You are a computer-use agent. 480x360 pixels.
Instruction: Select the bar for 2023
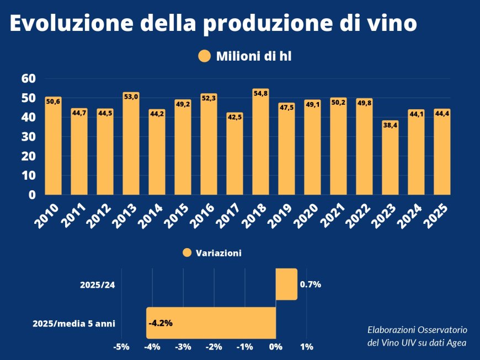(x=390, y=160)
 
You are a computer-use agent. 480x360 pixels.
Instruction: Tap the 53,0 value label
(x=131, y=97)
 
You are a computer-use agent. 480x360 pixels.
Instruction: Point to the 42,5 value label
(x=234, y=117)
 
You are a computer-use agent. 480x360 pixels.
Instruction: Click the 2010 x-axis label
(x=46, y=214)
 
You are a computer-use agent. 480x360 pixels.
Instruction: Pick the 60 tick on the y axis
(x=29, y=78)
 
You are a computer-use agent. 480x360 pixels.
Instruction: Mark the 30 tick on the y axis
(x=29, y=137)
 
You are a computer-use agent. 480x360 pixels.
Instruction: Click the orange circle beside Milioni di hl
(x=205, y=56)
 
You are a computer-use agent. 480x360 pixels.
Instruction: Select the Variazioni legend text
(x=218, y=253)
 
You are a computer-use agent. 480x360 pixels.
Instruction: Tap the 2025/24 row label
(x=98, y=285)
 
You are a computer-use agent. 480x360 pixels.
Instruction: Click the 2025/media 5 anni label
(x=74, y=323)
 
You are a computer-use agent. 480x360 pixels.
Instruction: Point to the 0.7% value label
(x=311, y=285)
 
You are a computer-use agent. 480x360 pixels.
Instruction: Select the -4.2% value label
(x=161, y=323)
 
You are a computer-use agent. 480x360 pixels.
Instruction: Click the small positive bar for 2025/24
(x=286, y=284)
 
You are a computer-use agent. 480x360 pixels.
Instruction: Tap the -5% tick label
(x=121, y=347)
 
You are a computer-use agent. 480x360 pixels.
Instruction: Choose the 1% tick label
(x=307, y=347)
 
